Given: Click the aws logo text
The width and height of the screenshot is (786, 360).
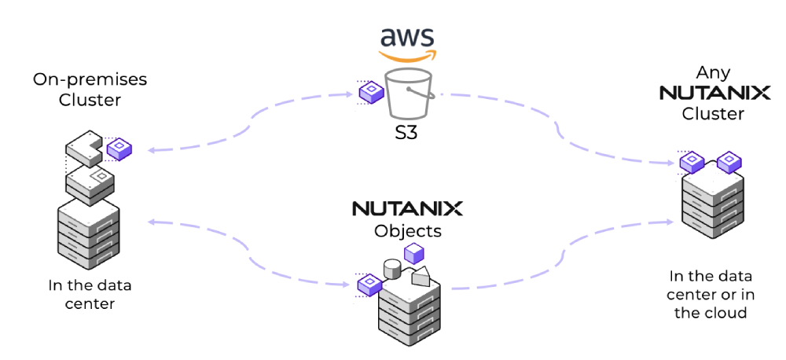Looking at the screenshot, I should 406,36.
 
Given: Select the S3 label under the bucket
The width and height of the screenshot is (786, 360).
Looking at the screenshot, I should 406,131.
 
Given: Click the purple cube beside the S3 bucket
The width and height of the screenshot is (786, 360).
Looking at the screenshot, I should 370,94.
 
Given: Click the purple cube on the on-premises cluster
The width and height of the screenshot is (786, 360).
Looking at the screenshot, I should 119,149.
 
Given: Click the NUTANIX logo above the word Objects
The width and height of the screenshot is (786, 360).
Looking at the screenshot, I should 406,209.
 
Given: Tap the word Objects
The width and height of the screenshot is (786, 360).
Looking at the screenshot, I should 406,232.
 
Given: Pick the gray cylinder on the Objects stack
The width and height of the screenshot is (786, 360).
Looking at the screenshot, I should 391,269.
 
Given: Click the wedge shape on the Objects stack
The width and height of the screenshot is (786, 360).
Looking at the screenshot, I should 421,276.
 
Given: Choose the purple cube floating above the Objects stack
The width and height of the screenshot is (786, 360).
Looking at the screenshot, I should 413,253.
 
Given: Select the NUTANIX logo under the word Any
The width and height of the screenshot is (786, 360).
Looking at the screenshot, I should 714,93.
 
